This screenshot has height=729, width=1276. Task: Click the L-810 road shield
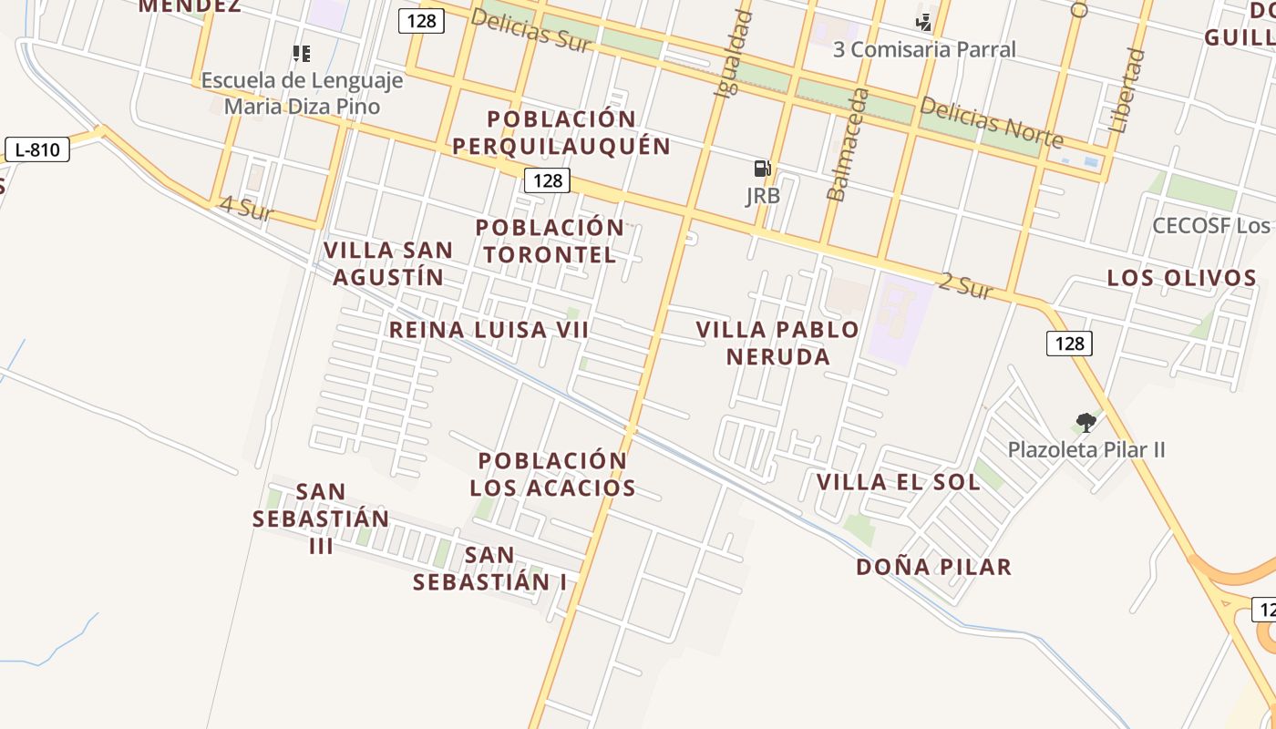37,149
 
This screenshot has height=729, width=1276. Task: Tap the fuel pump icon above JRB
762,169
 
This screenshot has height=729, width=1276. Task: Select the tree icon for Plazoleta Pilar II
1086,422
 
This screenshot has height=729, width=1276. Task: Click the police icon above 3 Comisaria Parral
924,22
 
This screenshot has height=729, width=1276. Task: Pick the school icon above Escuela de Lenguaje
302,54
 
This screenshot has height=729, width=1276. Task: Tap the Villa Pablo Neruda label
777,343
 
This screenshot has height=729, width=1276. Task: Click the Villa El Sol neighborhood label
898,482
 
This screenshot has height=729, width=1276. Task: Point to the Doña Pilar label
933,567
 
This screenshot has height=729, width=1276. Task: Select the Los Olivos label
1181,278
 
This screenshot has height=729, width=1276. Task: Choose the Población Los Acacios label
552,474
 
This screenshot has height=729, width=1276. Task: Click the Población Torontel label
550,241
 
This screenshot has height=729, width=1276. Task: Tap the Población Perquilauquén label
561,132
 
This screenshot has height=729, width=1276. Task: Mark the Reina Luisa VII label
489,330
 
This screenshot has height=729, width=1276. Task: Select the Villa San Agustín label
388,263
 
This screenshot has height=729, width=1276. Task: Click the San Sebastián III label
321,519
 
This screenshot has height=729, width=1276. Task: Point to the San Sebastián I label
489,568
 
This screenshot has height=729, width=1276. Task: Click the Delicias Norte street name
991,123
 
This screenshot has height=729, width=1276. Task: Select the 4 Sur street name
246,210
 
